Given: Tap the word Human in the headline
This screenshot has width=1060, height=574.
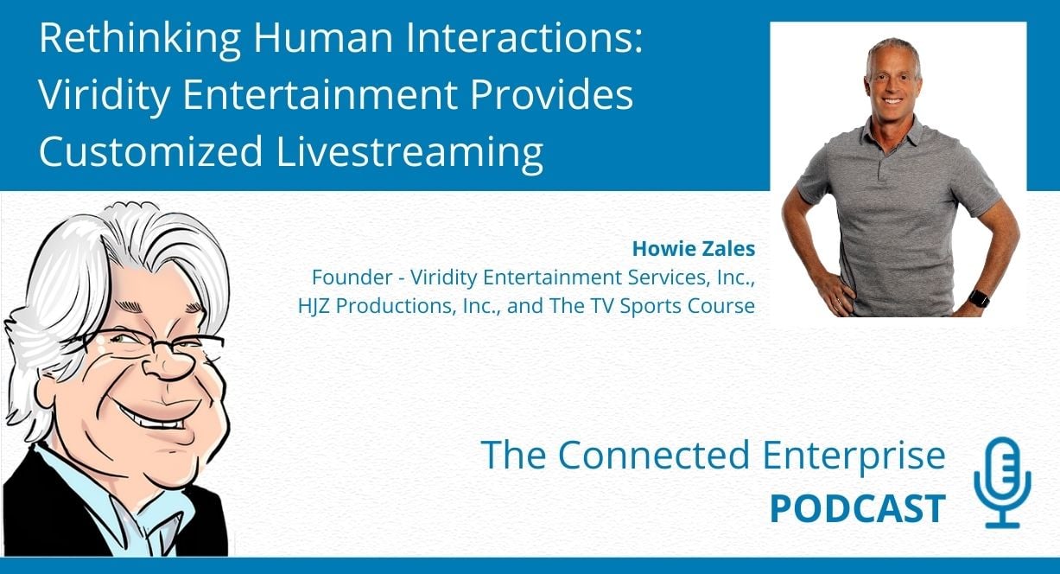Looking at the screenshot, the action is [323, 38].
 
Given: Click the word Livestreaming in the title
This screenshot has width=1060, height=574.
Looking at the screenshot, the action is [409, 152].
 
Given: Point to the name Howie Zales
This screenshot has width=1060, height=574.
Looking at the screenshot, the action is [693, 249].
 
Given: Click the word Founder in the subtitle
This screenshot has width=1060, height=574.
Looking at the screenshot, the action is [352, 277].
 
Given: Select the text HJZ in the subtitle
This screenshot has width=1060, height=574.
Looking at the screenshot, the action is [314, 306].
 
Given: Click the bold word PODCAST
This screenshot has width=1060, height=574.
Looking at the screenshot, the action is [858, 509].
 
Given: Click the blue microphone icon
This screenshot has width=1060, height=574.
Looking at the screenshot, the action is [1002, 482].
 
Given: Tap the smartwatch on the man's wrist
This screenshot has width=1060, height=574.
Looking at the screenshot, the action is [979, 298].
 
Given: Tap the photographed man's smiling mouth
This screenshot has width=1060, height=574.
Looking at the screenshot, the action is [893, 100].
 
